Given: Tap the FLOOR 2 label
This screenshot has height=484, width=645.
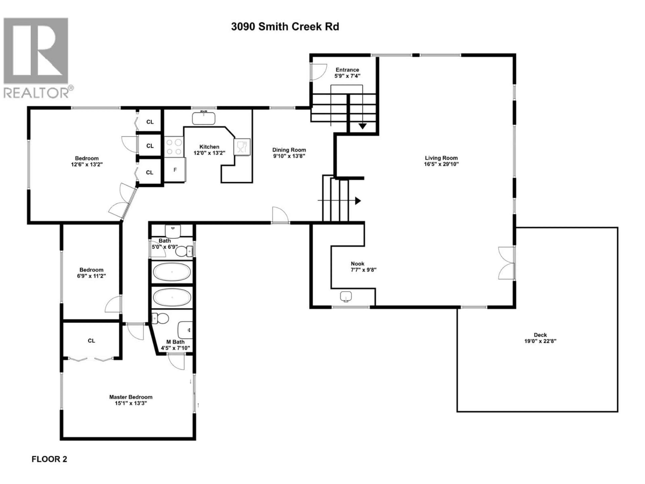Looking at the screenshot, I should coord(49,459).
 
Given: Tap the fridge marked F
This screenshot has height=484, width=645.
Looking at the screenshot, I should coord(175,170).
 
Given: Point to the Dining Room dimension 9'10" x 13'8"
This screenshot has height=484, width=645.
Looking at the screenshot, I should coord(289,156).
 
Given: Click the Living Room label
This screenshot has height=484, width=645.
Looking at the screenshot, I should coord(441,158).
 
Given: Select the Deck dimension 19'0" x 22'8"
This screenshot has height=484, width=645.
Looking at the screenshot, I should coord(540,341).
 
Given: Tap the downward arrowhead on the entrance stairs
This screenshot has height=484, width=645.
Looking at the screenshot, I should coord(362,126).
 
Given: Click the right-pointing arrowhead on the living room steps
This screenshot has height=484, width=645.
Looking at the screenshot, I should coord(358,201).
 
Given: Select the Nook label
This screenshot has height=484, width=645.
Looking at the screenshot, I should coord(357,264).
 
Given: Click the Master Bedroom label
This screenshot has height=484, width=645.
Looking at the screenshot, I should coord(131,397).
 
